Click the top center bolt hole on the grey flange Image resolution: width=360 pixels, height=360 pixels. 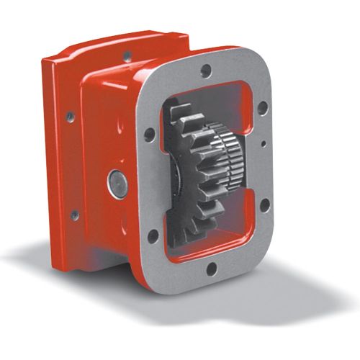point(207,71)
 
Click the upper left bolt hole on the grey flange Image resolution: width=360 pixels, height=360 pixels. point(149,134)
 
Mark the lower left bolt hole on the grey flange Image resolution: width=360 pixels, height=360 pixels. point(152,234)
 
